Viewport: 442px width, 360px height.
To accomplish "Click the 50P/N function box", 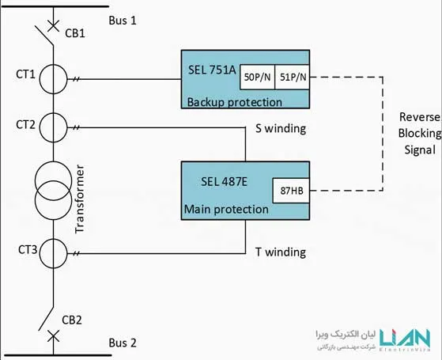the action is tap(257, 77).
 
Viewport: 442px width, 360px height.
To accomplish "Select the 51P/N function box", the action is tap(293, 77).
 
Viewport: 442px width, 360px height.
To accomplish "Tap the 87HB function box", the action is tap(291, 191).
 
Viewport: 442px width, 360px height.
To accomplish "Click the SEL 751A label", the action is tap(212, 70).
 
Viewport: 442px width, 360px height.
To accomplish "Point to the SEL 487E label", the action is tap(224, 182).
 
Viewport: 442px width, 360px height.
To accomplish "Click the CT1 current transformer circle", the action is tap(40, 79).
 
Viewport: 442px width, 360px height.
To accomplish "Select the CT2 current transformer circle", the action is tap(40, 127).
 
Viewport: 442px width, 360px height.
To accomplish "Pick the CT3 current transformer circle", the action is tap(40, 253).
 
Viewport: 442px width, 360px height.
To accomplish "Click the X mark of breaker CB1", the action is tap(53, 26).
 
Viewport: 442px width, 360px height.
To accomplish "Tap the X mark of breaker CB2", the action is tap(53, 336).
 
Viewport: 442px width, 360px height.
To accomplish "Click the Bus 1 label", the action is tap(123, 21).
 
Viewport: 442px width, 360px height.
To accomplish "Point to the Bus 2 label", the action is tap(123, 343).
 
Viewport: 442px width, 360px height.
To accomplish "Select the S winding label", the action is tap(281, 129).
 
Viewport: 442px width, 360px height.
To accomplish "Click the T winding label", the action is tap(281, 252).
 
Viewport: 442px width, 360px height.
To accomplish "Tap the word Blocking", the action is tap(420, 134).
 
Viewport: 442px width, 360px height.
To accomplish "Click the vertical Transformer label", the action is tap(80, 199).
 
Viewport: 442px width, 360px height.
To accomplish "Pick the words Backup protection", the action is tap(235, 102).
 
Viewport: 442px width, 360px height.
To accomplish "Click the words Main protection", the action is tap(226, 210).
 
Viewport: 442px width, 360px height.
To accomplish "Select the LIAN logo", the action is tap(405, 339).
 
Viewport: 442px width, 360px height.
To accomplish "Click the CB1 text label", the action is tap(75, 33).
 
